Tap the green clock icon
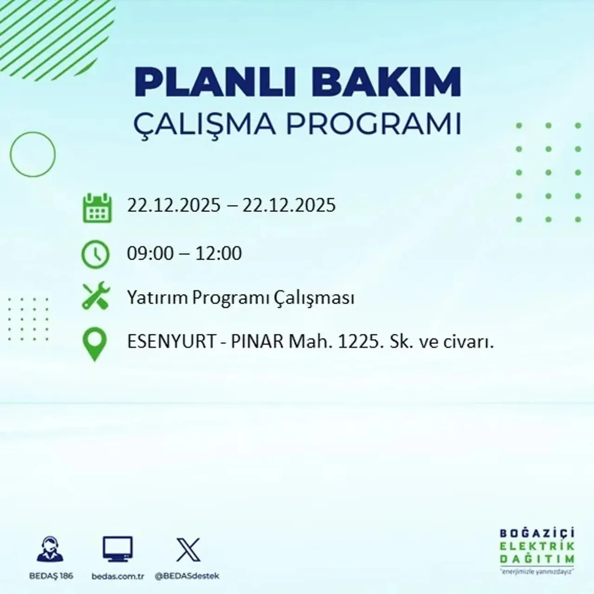(96, 254)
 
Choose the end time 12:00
(219, 253)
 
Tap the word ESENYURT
(172, 342)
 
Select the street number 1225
(357, 342)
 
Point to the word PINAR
(257, 342)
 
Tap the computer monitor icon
(117, 549)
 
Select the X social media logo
(188, 550)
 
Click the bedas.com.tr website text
(118, 576)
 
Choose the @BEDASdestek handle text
(187, 576)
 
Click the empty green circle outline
(32, 154)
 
